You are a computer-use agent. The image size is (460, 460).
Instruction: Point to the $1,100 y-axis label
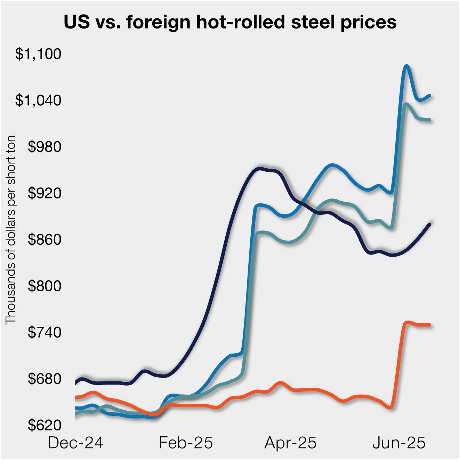38,54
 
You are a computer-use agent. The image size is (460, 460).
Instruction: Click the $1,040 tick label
38,100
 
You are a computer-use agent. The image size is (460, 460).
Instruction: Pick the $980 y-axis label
45,147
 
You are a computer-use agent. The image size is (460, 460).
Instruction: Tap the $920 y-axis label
45,193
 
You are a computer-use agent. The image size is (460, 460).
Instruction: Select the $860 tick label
45,240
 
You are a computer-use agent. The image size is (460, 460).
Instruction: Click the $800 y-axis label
45,286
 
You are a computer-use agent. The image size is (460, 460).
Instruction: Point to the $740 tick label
45,332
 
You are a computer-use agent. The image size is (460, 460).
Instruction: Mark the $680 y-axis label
45,379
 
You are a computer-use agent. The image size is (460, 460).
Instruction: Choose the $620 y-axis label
45,425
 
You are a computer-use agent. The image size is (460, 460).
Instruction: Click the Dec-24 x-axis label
75,443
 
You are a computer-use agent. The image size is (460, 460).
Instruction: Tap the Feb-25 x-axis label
186,443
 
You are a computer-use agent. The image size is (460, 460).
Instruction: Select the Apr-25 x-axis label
290,443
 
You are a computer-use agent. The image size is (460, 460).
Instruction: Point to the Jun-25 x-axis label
399,443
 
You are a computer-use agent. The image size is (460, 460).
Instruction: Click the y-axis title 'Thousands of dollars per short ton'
11,229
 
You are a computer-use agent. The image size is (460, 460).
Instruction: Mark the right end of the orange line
430,325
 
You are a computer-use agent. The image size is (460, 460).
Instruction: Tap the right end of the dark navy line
430,224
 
